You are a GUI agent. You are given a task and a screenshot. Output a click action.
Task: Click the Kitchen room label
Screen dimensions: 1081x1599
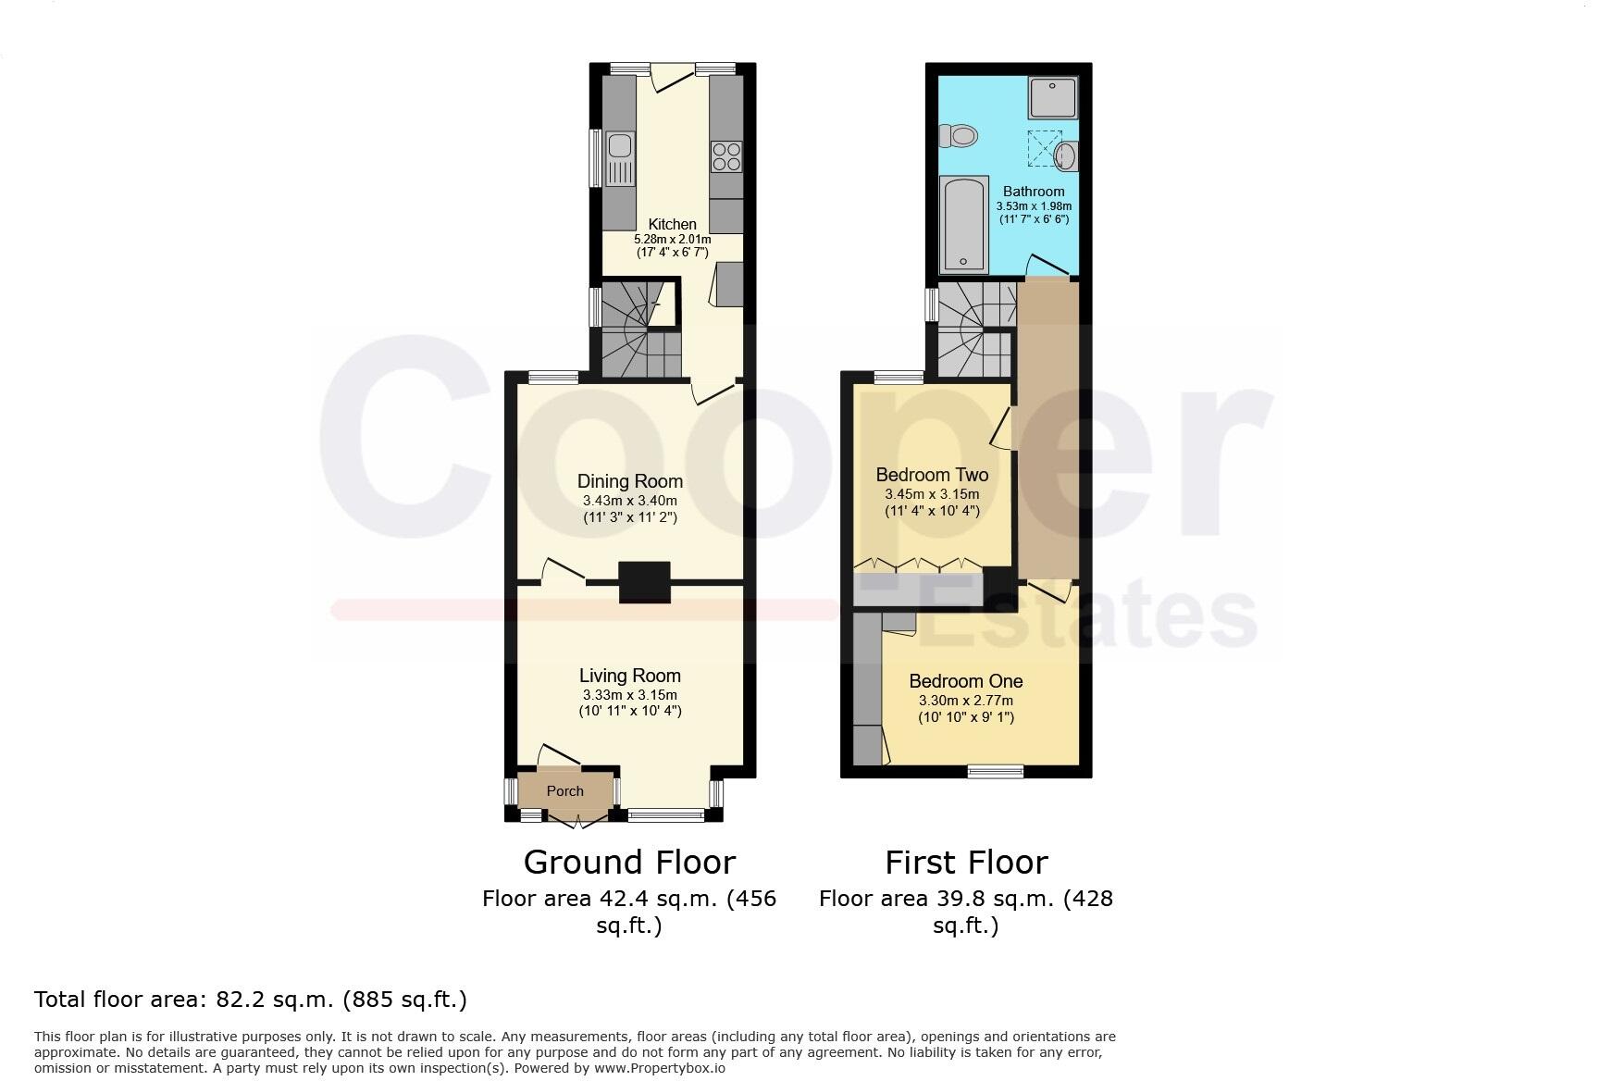pyautogui.click(x=672, y=224)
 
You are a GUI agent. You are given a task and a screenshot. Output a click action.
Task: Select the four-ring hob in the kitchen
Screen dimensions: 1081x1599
pyautogui.click(x=726, y=156)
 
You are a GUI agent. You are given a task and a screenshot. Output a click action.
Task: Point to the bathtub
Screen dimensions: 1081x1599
pyautogui.click(x=963, y=225)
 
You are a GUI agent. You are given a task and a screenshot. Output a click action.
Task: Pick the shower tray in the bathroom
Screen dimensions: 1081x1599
pyautogui.click(x=1053, y=97)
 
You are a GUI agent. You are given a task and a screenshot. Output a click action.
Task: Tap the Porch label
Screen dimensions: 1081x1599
pyautogui.click(x=564, y=791)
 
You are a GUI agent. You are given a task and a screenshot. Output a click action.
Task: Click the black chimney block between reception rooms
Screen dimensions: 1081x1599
pyautogui.click(x=644, y=582)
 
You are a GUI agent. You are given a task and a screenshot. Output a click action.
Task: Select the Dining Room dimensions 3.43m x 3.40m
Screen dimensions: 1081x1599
pyautogui.click(x=629, y=501)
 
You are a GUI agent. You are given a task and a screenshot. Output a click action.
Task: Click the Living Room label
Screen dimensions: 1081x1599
pyautogui.click(x=629, y=676)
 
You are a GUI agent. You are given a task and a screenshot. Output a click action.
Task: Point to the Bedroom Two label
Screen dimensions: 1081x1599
pyautogui.click(x=932, y=475)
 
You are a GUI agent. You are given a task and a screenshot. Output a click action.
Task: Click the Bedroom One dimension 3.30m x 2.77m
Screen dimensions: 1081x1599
pyautogui.click(x=965, y=701)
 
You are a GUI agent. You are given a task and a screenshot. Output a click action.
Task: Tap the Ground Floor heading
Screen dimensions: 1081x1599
pyautogui.click(x=629, y=863)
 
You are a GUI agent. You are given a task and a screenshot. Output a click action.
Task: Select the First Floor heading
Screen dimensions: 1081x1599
pyautogui.click(x=965, y=863)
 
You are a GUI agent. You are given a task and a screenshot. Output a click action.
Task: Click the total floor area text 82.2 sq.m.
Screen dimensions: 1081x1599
pyautogui.click(x=250, y=1000)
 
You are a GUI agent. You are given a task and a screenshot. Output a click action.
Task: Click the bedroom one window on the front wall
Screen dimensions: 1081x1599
pyautogui.click(x=996, y=771)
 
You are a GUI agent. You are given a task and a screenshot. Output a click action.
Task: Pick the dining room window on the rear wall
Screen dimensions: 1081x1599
pyautogui.click(x=552, y=378)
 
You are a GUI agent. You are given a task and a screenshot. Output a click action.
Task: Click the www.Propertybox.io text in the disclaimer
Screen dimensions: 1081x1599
pyautogui.click(x=659, y=1068)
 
